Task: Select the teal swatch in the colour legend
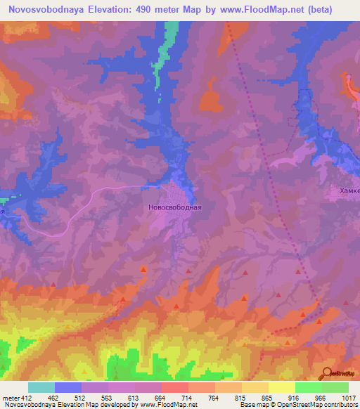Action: [x=41, y=387]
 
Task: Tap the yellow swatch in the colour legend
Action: [x=281, y=387]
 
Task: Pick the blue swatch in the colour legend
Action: [x=68, y=387]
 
